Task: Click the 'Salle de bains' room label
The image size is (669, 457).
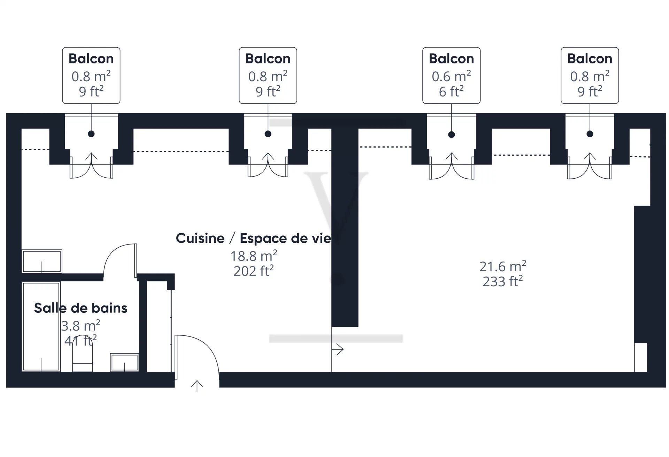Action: click(80, 308)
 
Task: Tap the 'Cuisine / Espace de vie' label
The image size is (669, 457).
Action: click(254, 238)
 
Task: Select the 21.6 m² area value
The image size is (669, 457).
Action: click(502, 266)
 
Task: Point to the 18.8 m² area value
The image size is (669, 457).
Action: click(254, 256)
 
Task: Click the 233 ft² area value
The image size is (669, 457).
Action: click(502, 281)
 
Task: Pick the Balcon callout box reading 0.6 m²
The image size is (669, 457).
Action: click(451, 76)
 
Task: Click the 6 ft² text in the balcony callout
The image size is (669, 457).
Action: click(451, 92)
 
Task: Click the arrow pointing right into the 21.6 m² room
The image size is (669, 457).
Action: click(338, 349)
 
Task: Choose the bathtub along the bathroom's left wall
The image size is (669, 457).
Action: click(41, 326)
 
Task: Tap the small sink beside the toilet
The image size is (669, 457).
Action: click(124, 362)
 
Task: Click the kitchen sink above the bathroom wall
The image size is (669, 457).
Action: click(42, 261)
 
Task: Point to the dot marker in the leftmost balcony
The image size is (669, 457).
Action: click(91, 134)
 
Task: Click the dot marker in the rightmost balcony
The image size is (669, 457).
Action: click(590, 134)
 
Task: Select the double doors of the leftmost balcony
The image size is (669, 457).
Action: click(91, 166)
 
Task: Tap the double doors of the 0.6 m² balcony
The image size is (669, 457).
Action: click(451, 166)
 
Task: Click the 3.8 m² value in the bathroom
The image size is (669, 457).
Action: click(80, 326)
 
